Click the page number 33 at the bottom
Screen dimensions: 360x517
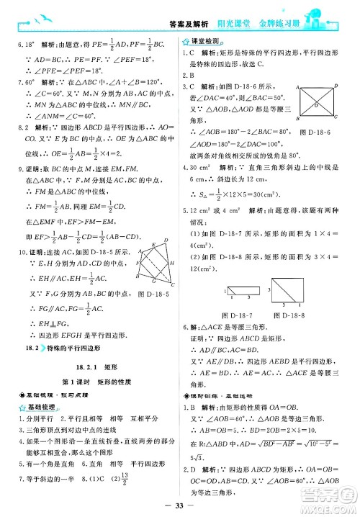pyautogui.click(x=179, y=503)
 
